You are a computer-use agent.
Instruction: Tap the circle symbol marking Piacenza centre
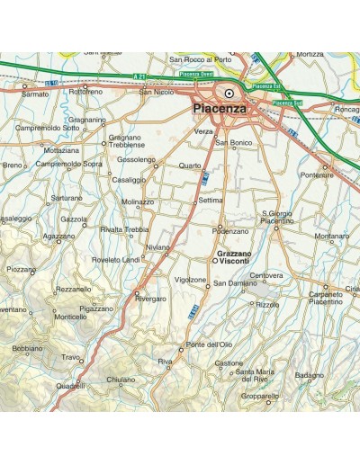tap(229, 93)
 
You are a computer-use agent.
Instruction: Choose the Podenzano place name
tap(229, 231)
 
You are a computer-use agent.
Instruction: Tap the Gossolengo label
tap(137, 160)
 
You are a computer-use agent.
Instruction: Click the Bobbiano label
tap(27, 348)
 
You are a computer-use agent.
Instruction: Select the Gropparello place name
tap(260, 395)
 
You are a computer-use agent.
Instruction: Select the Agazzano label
tap(58, 236)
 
